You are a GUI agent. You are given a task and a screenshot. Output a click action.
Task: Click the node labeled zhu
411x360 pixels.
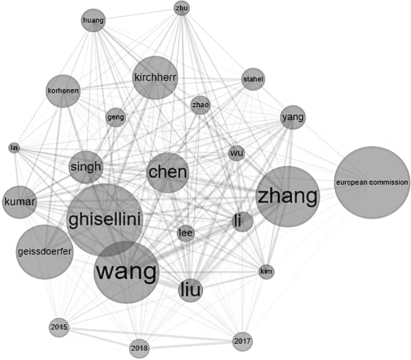[181, 8]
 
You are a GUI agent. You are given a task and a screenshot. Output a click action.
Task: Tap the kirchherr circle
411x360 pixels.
[155, 77]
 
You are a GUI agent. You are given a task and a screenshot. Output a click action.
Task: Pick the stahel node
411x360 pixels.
[253, 79]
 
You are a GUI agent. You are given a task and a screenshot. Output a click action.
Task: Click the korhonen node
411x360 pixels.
[62, 91]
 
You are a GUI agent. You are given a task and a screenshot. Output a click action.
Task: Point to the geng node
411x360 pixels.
[115, 117]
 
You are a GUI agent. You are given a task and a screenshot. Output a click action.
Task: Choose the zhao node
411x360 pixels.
[200, 105]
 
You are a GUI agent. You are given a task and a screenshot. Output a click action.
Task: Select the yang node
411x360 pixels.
[293, 117]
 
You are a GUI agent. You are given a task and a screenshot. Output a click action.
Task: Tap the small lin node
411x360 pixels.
[14, 148]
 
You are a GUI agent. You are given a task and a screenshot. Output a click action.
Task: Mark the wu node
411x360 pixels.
[236, 153]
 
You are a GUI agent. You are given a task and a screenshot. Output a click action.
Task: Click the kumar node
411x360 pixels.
[20, 201]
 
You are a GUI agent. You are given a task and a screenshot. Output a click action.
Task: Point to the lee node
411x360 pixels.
[187, 233]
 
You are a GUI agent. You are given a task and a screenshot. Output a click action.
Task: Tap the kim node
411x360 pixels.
[266, 272]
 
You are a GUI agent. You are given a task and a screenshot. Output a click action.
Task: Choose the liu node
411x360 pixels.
[190, 291]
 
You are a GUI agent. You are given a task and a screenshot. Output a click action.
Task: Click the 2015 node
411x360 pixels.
[59, 328]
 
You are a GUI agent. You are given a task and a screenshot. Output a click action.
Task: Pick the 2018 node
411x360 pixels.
[139, 348]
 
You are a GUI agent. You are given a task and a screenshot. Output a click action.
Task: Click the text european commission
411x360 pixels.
[372, 181]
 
